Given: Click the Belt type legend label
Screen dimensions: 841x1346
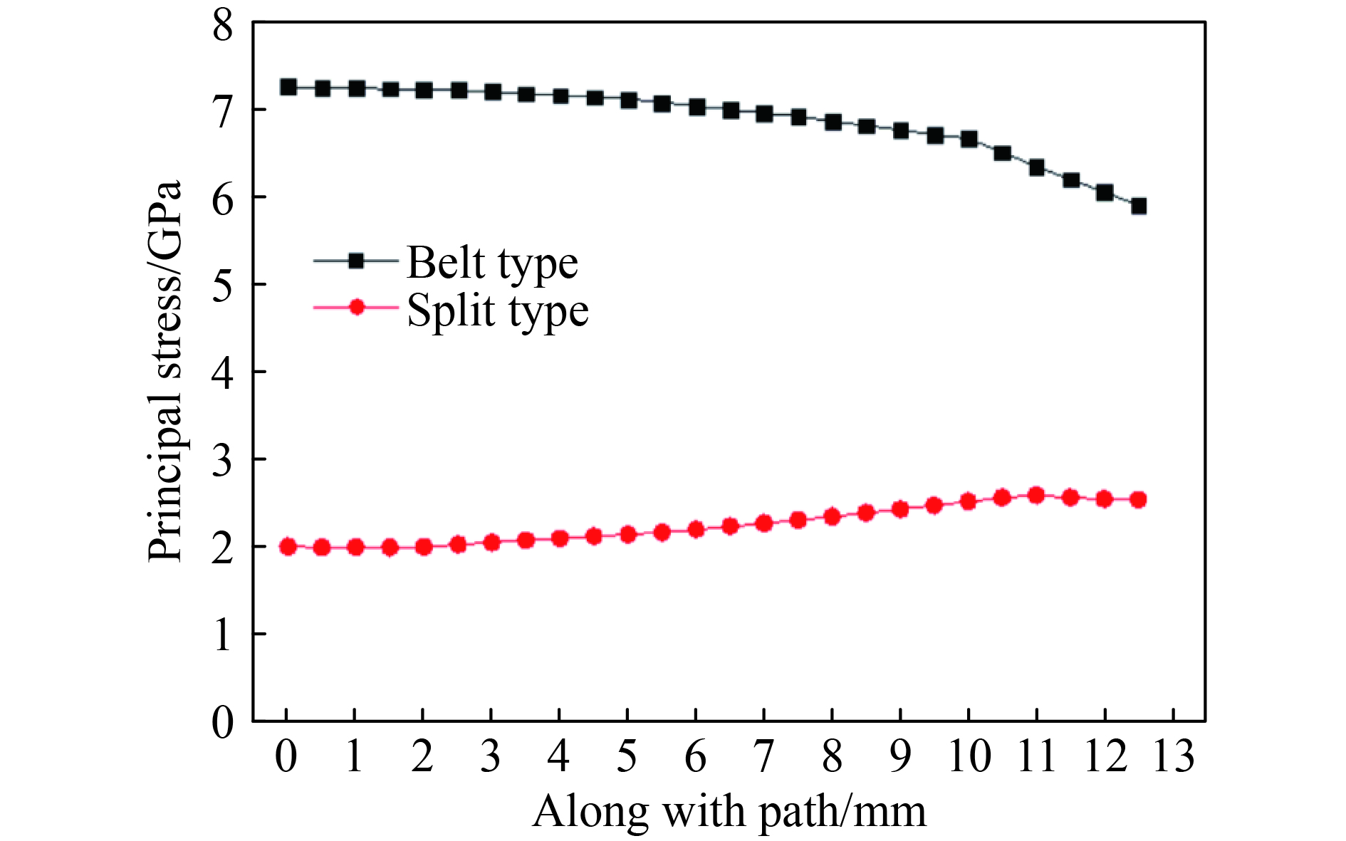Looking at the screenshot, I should tap(491, 263).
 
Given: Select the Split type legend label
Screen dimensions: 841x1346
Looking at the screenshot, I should tap(497, 310).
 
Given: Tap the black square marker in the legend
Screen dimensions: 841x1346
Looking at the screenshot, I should tap(356, 261).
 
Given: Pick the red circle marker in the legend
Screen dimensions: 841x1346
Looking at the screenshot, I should tap(356, 308).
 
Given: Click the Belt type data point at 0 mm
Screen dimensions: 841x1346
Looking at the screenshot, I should tap(288, 87).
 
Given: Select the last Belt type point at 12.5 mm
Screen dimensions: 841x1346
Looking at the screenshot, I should tap(1139, 207).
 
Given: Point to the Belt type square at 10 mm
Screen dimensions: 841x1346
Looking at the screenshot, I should tap(969, 139).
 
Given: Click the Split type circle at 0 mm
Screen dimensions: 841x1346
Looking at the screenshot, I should tap(288, 547).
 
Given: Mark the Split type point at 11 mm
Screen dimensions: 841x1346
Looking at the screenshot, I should tap(1036, 496).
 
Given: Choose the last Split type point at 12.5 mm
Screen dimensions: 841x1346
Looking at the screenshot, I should tap(1139, 499).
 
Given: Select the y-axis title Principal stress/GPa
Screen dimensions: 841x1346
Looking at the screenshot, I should tap(165, 370).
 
